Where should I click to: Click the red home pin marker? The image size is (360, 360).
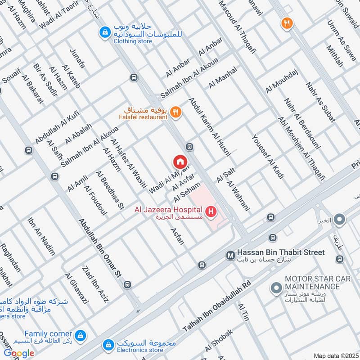click(x=180, y=161)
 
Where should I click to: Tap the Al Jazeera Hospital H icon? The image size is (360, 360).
click(x=210, y=211)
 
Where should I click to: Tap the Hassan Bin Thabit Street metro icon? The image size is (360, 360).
click(x=230, y=255)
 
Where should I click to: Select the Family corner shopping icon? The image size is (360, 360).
click(x=81, y=335)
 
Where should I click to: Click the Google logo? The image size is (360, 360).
click(x=19, y=353)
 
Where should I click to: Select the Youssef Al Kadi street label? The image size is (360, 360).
click(x=268, y=157)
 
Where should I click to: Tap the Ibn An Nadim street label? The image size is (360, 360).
click(x=41, y=237)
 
